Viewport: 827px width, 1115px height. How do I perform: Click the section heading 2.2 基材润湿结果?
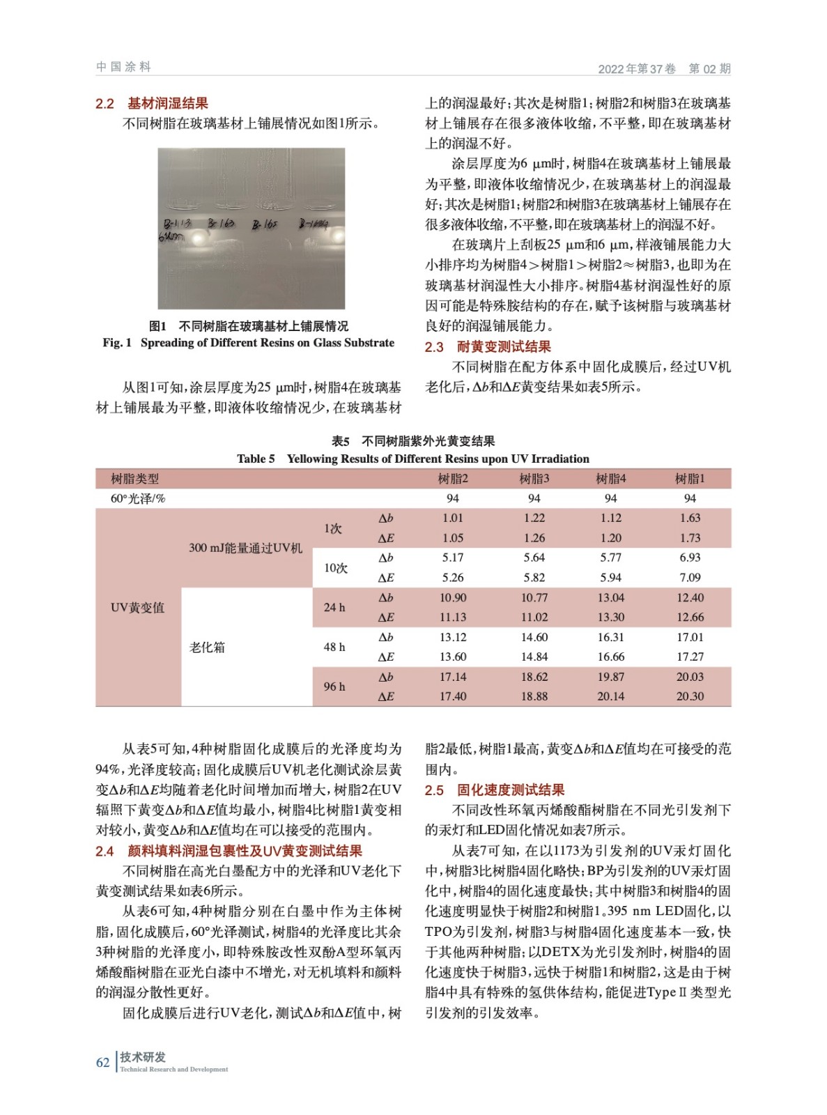tap(152, 104)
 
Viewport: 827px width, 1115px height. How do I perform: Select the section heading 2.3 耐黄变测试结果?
tap(488, 347)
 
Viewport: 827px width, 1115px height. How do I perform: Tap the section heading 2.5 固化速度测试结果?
tap(494, 790)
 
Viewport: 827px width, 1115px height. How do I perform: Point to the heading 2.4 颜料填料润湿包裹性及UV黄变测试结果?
tap(229, 851)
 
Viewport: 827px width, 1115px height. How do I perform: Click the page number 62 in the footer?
tap(102, 1063)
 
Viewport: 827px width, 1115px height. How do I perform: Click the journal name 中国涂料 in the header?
tap(123, 67)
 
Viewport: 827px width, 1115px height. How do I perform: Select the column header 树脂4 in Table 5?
tap(610, 479)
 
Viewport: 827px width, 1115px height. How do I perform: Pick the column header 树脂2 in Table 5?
tap(452, 479)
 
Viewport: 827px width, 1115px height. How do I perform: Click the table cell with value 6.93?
tap(690, 557)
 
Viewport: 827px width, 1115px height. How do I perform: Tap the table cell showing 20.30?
tap(690, 696)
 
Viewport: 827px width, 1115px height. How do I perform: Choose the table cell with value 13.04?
tap(610, 598)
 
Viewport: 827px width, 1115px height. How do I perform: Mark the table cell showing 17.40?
tap(452, 696)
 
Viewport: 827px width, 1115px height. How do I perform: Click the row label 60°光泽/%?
tap(138, 498)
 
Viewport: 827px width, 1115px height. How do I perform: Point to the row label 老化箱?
tap(207, 647)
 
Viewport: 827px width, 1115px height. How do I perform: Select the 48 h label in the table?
tap(334, 647)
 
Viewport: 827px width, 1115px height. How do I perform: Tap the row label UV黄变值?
tap(137, 608)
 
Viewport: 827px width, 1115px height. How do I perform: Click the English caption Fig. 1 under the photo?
tap(248, 343)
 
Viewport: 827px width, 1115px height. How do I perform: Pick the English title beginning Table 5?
tap(412, 459)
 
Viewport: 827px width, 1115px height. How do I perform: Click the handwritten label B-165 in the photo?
tap(265, 224)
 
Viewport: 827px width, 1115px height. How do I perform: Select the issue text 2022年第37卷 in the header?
tap(636, 68)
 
